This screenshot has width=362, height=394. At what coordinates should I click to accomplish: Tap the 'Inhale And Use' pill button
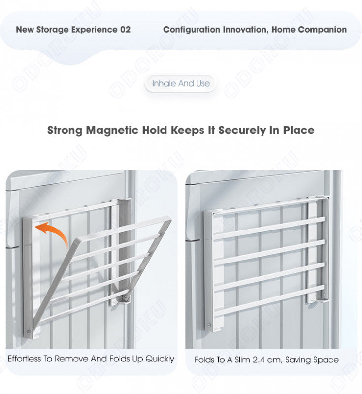coord(181,83)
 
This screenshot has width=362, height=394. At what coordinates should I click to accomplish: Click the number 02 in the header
coord(125,30)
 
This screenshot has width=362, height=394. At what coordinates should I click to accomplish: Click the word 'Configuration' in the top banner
coord(192,30)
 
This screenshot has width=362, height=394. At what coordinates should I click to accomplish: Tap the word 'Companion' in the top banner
coord(322,30)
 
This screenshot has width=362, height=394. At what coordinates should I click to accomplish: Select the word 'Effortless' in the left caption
coord(24,359)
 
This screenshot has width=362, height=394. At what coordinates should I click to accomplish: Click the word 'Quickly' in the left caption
coord(160,359)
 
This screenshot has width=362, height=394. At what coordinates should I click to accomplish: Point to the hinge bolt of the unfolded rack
coord(124,297)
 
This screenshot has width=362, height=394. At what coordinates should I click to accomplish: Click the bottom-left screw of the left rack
coord(28,332)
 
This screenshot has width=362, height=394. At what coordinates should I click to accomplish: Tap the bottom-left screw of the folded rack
coord(209,325)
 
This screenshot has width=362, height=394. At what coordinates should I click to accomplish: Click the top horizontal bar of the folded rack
coord(269,228)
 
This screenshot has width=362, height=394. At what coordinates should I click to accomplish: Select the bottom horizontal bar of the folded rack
coord(269,301)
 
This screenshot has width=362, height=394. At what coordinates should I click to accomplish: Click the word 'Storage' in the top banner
coord(52,30)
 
